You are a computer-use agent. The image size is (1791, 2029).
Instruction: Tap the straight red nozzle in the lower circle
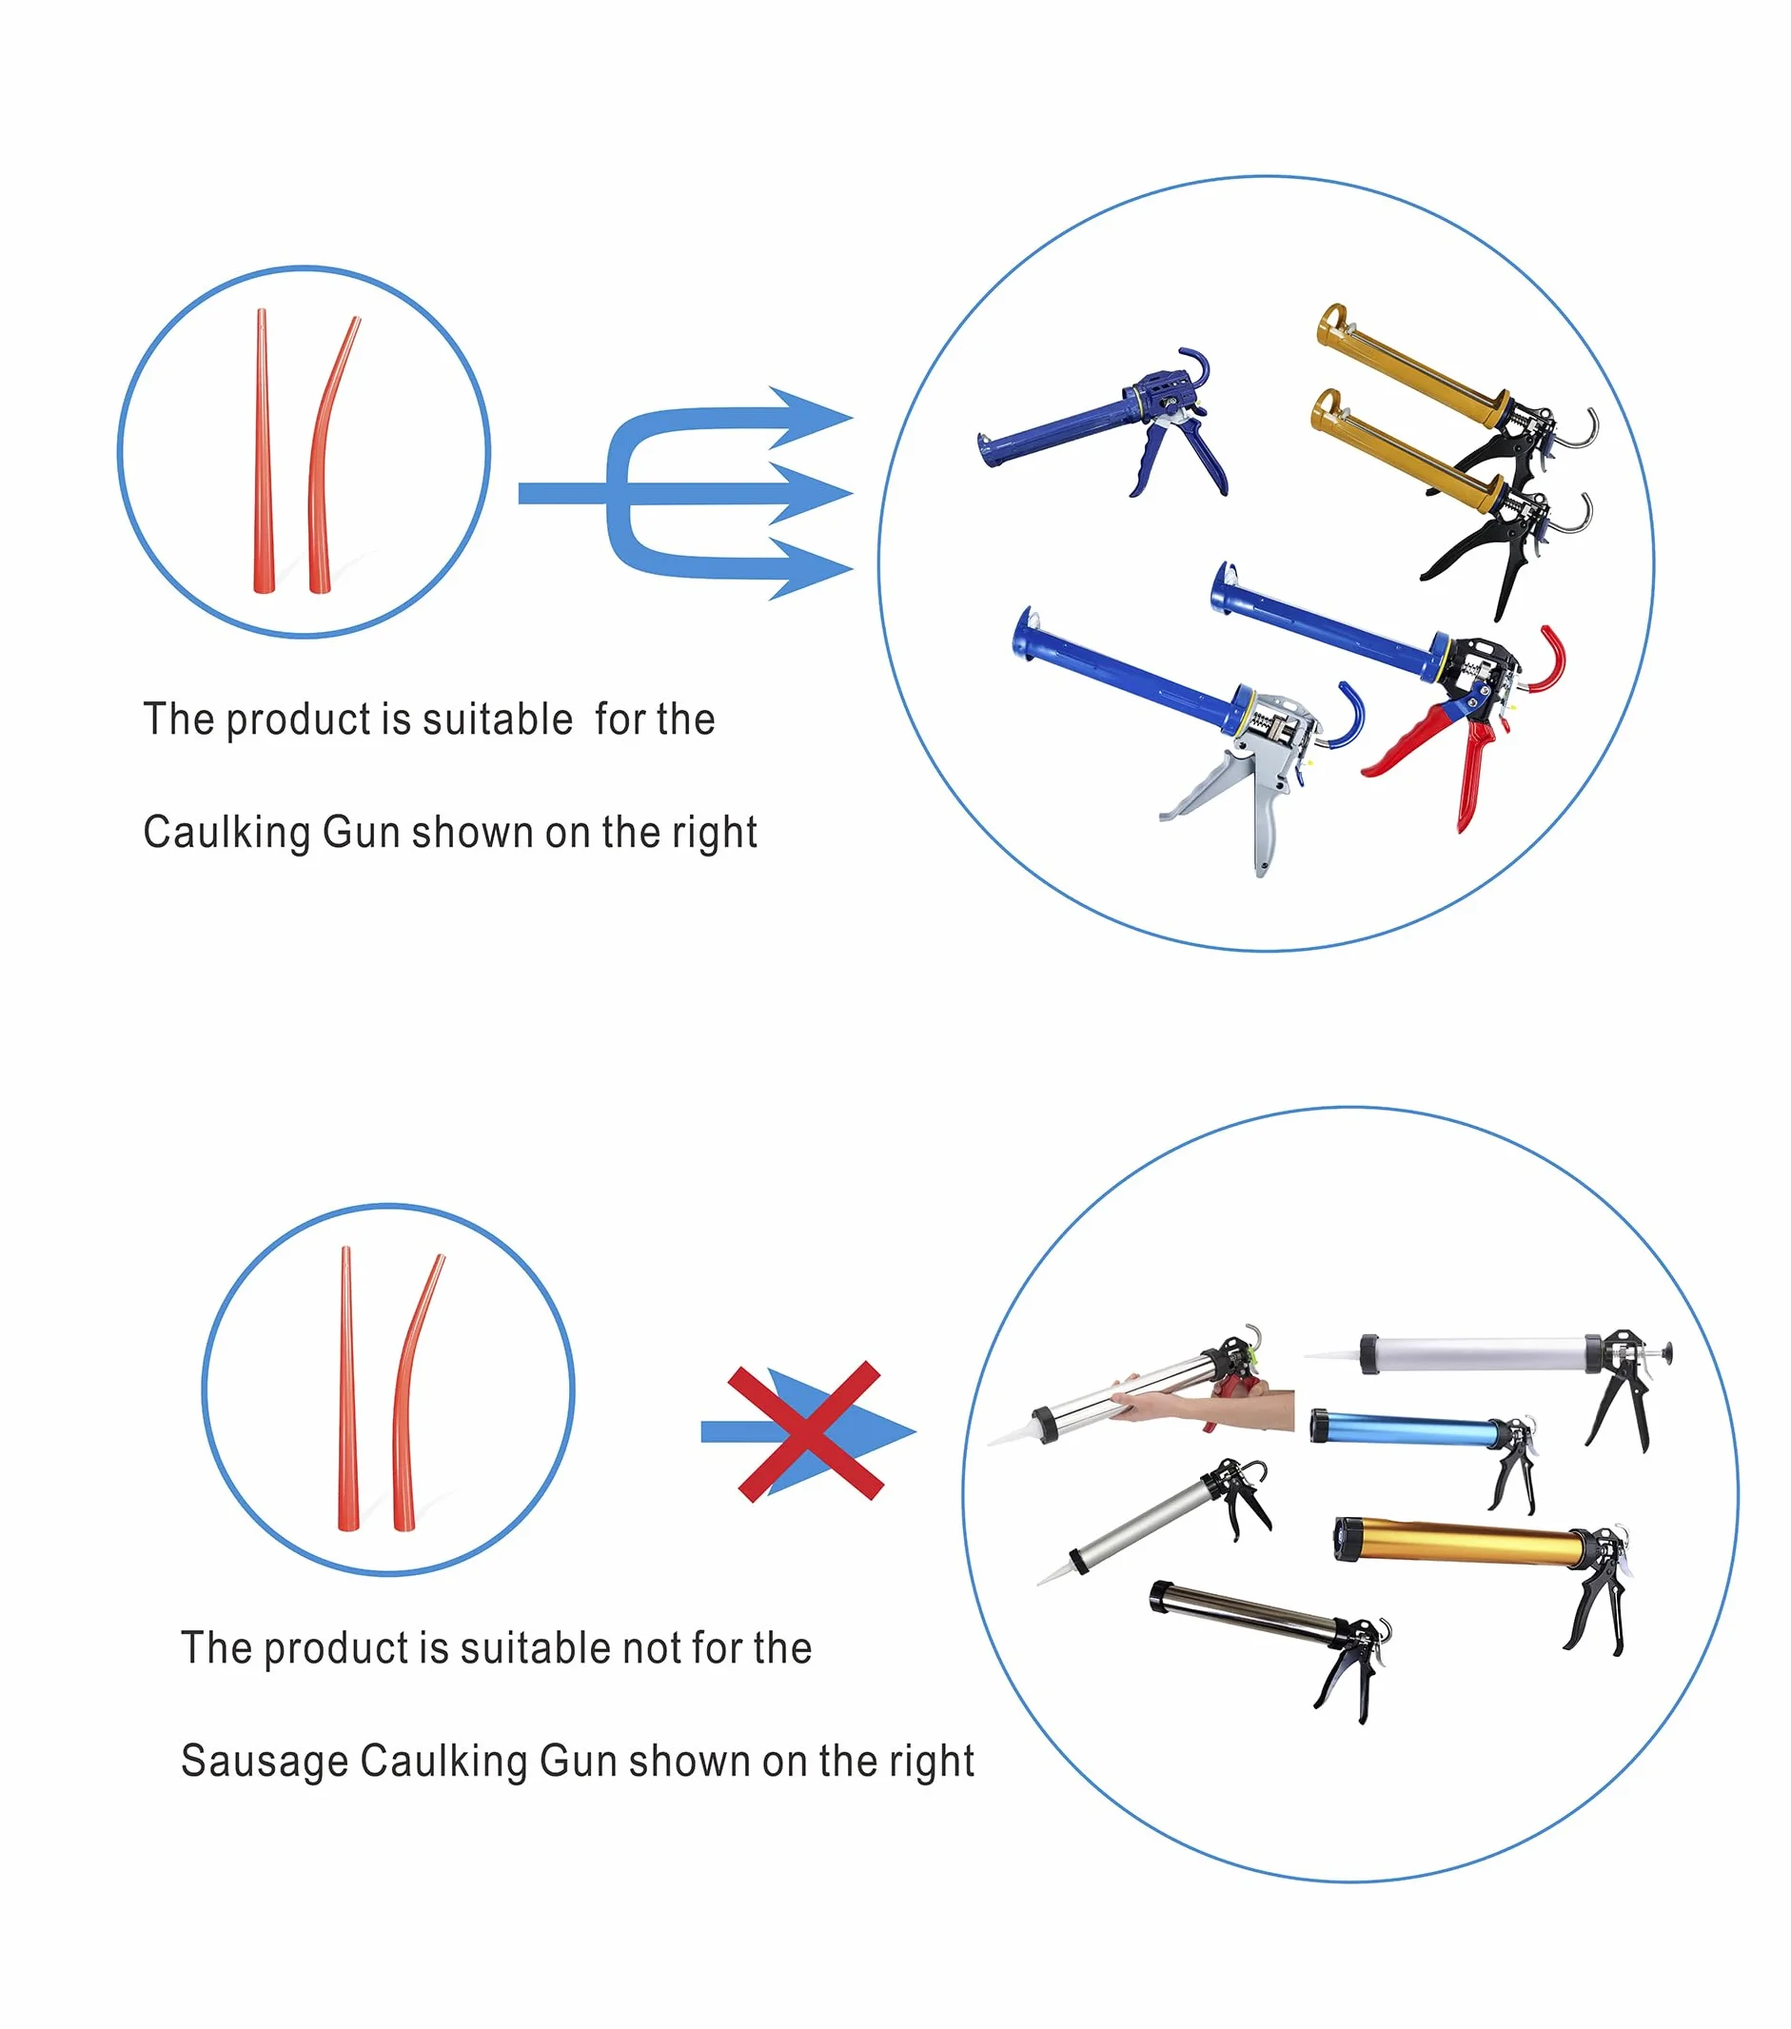[x=346, y=1389]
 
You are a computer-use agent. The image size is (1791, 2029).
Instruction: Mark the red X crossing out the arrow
[x=806, y=1430]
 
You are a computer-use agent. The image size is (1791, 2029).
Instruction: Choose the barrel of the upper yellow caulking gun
[x=1409, y=364]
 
